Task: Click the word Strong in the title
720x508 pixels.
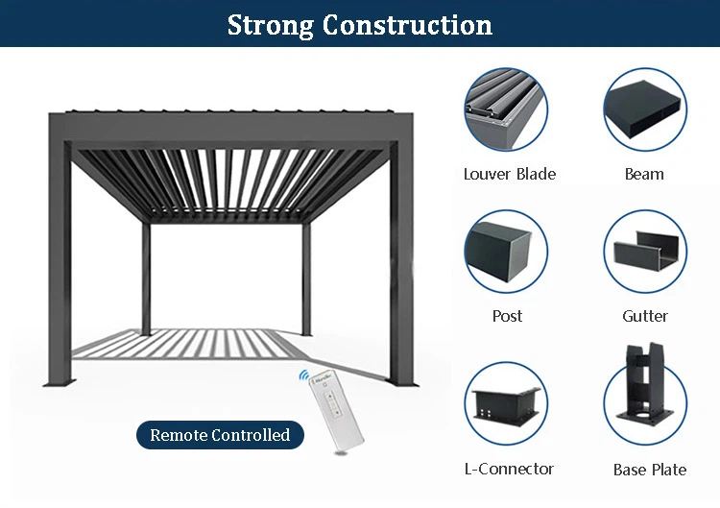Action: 270,25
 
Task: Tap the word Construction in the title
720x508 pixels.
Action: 407,25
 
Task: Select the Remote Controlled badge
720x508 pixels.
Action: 219,435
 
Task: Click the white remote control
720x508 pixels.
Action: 335,412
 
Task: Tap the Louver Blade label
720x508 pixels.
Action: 509,174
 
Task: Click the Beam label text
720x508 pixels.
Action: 644,174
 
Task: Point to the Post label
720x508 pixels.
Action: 507,316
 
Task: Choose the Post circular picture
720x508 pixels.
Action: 506,252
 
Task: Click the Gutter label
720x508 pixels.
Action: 644,316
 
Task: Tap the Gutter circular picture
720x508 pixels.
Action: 644,252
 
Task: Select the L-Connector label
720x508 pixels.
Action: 509,469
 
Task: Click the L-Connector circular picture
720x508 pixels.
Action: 506,402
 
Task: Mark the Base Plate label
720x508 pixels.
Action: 650,470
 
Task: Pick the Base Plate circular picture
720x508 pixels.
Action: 644,402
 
